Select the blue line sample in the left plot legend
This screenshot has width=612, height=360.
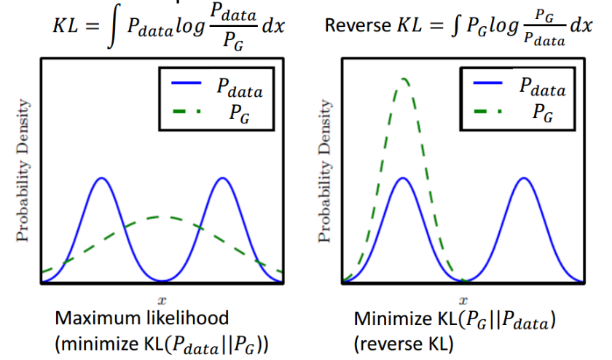coord(191,85)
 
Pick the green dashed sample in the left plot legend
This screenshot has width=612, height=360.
coord(191,111)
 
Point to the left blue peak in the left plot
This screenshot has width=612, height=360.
coord(101,179)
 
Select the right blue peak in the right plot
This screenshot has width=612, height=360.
coord(522,179)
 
